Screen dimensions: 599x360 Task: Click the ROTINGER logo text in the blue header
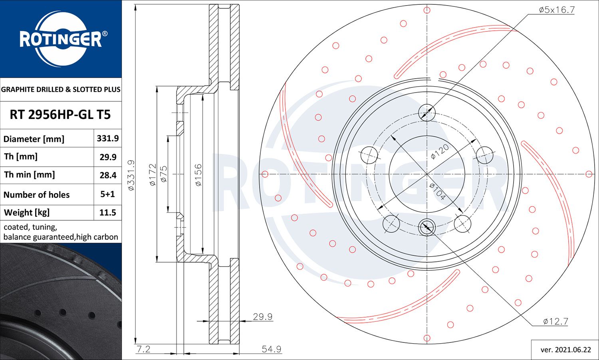coord(60,39)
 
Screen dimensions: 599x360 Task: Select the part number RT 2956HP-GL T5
coord(60,115)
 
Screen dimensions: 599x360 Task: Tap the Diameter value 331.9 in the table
coord(108,138)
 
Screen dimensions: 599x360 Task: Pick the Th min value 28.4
coord(108,175)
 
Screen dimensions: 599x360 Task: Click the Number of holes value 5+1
coord(107,194)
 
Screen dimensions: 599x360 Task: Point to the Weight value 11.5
coord(108,212)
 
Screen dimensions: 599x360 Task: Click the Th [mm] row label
coord(21,156)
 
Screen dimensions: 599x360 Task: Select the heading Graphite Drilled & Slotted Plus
coord(61,89)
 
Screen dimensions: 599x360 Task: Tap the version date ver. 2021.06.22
coord(565,350)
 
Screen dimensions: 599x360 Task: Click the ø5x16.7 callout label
coord(557,10)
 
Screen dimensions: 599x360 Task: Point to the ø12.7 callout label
coord(555,321)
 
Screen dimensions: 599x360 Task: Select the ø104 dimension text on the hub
coord(438,192)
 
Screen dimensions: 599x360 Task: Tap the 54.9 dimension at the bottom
coord(272,349)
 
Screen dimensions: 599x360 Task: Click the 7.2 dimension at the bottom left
coord(144,349)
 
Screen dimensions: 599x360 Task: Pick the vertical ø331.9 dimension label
coord(131,175)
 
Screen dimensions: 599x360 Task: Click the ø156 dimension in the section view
coord(198,175)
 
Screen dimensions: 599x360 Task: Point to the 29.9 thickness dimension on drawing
coord(263,317)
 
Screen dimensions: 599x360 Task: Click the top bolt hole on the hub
coord(427,113)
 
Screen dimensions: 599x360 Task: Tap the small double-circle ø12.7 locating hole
coord(427,227)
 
